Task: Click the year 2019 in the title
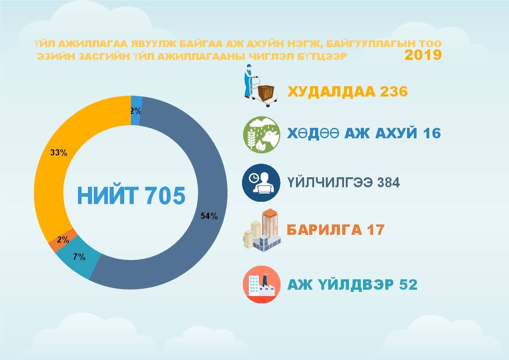pyautogui.click(x=423, y=55)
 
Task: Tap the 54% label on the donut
pyautogui.click(x=209, y=216)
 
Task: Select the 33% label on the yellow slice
pyautogui.click(x=59, y=153)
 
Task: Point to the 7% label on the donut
pyautogui.click(x=79, y=257)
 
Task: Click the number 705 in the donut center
pyautogui.click(x=165, y=196)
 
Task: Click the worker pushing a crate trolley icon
pyautogui.click(x=260, y=86)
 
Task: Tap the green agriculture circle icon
pyautogui.click(x=262, y=135)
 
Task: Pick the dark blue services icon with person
pyautogui.click(x=262, y=182)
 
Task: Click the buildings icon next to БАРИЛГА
pyautogui.click(x=262, y=230)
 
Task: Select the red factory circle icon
pyautogui.click(x=262, y=284)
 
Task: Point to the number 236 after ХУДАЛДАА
pyautogui.click(x=393, y=92)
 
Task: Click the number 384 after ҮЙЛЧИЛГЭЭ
pyautogui.click(x=388, y=182)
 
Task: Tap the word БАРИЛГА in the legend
pyautogui.click(x=324, y=230)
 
